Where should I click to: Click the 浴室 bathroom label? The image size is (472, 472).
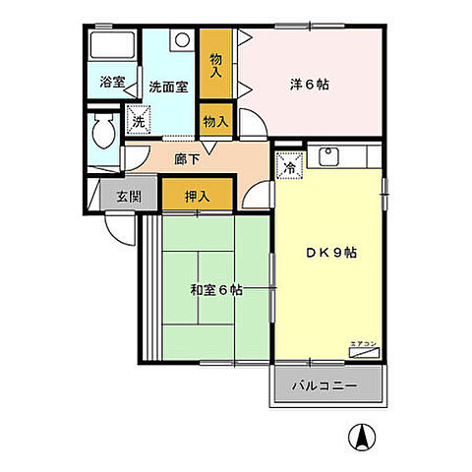tap(112, 84)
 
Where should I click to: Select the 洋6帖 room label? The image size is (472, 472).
tap(311, 85)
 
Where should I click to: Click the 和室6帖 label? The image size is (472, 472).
tap(216, 290)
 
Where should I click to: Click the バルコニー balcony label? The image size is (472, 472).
tap(329, 385)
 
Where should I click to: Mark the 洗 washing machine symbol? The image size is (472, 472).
tap(138, 123)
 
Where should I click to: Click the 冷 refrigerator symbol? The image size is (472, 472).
tap(290, 167)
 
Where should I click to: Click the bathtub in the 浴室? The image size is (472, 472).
tap(111, 46)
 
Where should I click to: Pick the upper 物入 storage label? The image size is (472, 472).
tap(215, 65)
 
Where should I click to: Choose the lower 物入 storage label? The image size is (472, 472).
tap(215, 122)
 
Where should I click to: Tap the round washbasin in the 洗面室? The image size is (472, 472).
tap(182, 41)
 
